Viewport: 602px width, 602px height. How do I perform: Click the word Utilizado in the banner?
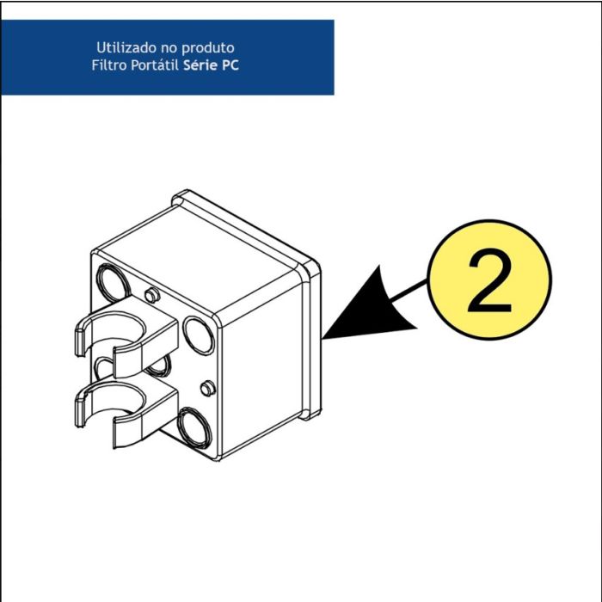pyautogui.click(x=120, y=48)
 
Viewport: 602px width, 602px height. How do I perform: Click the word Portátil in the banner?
pyautogui.click(x=155, y=65)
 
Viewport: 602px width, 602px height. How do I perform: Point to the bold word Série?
pyautogui.click(x=200, y=65)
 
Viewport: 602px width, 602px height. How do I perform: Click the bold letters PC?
pyautogui.click(x=230, y=65)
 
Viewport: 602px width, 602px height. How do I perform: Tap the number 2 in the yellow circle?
pyautogui.click(x=489, y=280)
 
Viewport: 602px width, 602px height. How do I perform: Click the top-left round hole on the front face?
pyautogui.click(x=113, y=283)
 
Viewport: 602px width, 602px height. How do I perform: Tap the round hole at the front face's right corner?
pyautogui.click(x=199, y=335)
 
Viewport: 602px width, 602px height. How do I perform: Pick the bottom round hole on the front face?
pyautogui.click(x=194, y=427)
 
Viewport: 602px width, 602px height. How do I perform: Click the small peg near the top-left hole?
pyautogui.click(x=152, y=295)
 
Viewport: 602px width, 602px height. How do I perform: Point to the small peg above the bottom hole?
pyautogui.click(x=208, y=388)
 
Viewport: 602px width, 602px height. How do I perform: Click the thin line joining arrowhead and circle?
pyautogui.click(x=408, y=290)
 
